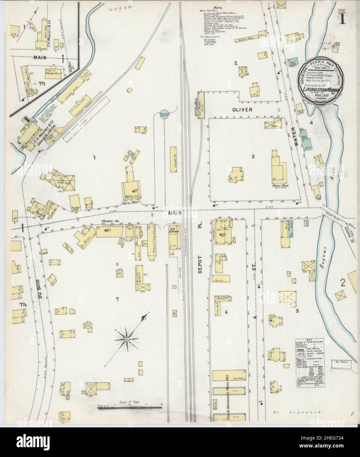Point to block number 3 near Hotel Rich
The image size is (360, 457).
(x=253, y=156)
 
